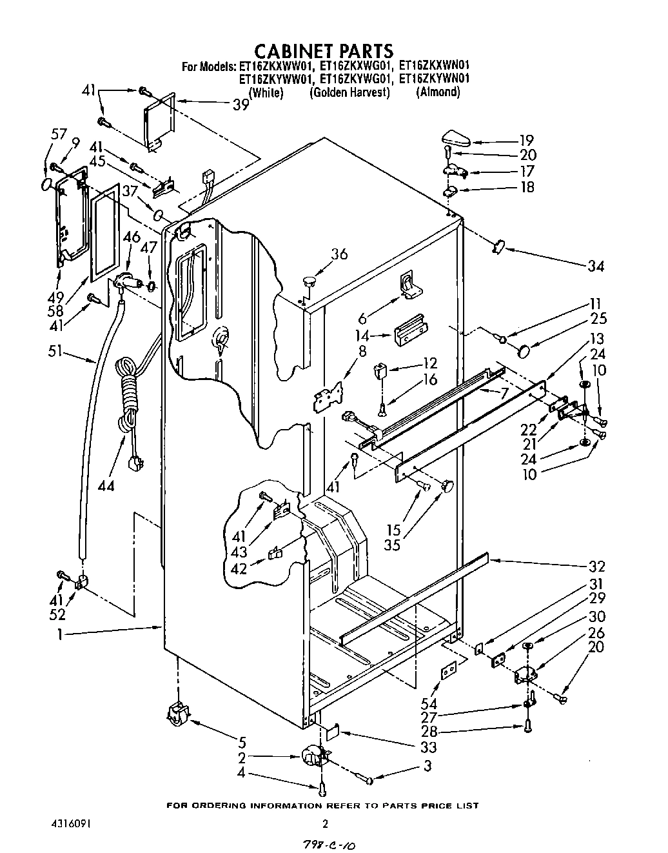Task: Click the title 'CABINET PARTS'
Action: (x=323, y=50)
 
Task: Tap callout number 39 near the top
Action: (x=241, y=105)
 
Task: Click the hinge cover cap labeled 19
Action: (x=458, y=138)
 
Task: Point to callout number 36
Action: (x=339, y=254)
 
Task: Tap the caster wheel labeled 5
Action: (x=175, y=715)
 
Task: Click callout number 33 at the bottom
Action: (x=428, y=747)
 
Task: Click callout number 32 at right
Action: (x=596, y=567)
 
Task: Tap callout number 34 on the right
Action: (x=596, y=266)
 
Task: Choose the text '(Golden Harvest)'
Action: (x=350, y=92)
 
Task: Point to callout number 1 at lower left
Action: (x=59, y=634)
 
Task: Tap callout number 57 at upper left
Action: (x=59, y=134)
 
